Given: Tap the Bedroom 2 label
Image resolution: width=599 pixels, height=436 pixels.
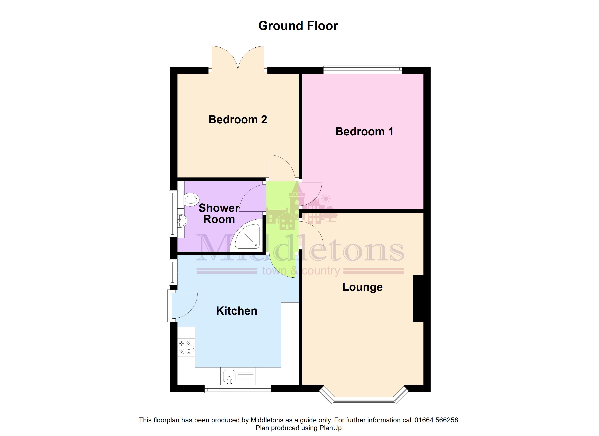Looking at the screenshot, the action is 238,120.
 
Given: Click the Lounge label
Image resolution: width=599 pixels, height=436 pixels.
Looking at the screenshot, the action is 362,287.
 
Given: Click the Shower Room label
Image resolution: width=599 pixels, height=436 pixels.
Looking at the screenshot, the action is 219,214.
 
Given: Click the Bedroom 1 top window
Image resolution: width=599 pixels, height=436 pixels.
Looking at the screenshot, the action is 363,70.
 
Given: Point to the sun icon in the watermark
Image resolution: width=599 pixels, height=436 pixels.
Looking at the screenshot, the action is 326,199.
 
